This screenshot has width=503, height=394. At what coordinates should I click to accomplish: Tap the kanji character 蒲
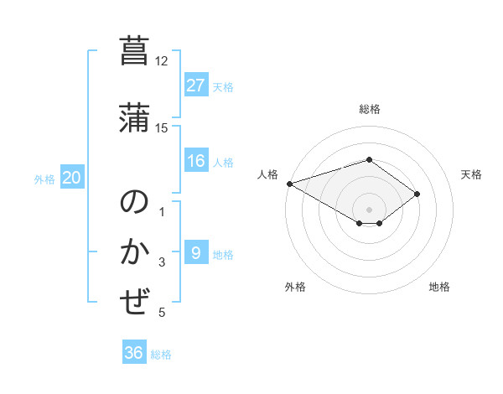(135, 117)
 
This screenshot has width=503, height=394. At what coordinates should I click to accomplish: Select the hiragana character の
(135, 203)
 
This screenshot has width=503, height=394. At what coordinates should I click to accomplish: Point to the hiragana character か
(135, 252)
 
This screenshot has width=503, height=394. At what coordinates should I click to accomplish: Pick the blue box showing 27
(196, 85)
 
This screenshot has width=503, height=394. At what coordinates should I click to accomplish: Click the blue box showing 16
(196, 161)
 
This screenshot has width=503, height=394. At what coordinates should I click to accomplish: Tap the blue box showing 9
(196, 252)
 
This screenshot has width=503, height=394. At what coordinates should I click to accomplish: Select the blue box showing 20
(72, 178)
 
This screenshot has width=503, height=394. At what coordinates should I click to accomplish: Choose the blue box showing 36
(134, 353)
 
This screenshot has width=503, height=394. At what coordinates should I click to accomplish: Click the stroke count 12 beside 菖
(162, 61)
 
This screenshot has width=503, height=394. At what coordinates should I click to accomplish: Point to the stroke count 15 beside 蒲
(162, 127)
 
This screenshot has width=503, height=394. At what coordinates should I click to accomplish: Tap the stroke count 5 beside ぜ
(162, 313)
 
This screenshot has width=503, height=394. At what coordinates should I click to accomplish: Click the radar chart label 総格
(369, 109)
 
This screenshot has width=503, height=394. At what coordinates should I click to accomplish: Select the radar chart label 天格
(472, 174)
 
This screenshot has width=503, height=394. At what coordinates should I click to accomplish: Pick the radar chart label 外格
(295, 288)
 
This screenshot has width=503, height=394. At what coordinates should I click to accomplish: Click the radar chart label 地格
(439, 288)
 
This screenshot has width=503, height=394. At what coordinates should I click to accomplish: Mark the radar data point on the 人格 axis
(289, 184)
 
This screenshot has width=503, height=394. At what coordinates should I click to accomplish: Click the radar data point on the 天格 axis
(417, 194)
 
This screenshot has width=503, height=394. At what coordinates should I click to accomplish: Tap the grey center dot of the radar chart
(369, 209)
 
